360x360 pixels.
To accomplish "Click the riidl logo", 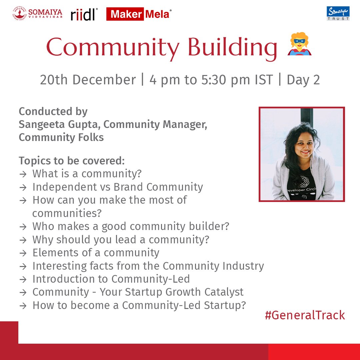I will (84, 15).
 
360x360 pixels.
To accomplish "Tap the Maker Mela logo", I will (139, 14).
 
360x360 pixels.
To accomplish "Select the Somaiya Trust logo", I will (338, 13).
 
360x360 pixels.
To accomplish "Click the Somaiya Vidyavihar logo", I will (37, 14).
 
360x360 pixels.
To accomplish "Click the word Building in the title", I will (233, 48).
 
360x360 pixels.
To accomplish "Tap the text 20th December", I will (88, 80).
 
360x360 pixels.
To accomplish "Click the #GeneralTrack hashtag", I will (305, 315).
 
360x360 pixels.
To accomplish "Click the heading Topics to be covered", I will (72, 161).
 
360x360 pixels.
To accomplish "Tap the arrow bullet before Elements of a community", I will (23, 253).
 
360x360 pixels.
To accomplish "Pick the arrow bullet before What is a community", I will (23, 174).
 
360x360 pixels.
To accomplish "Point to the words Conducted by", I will (53, 111).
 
